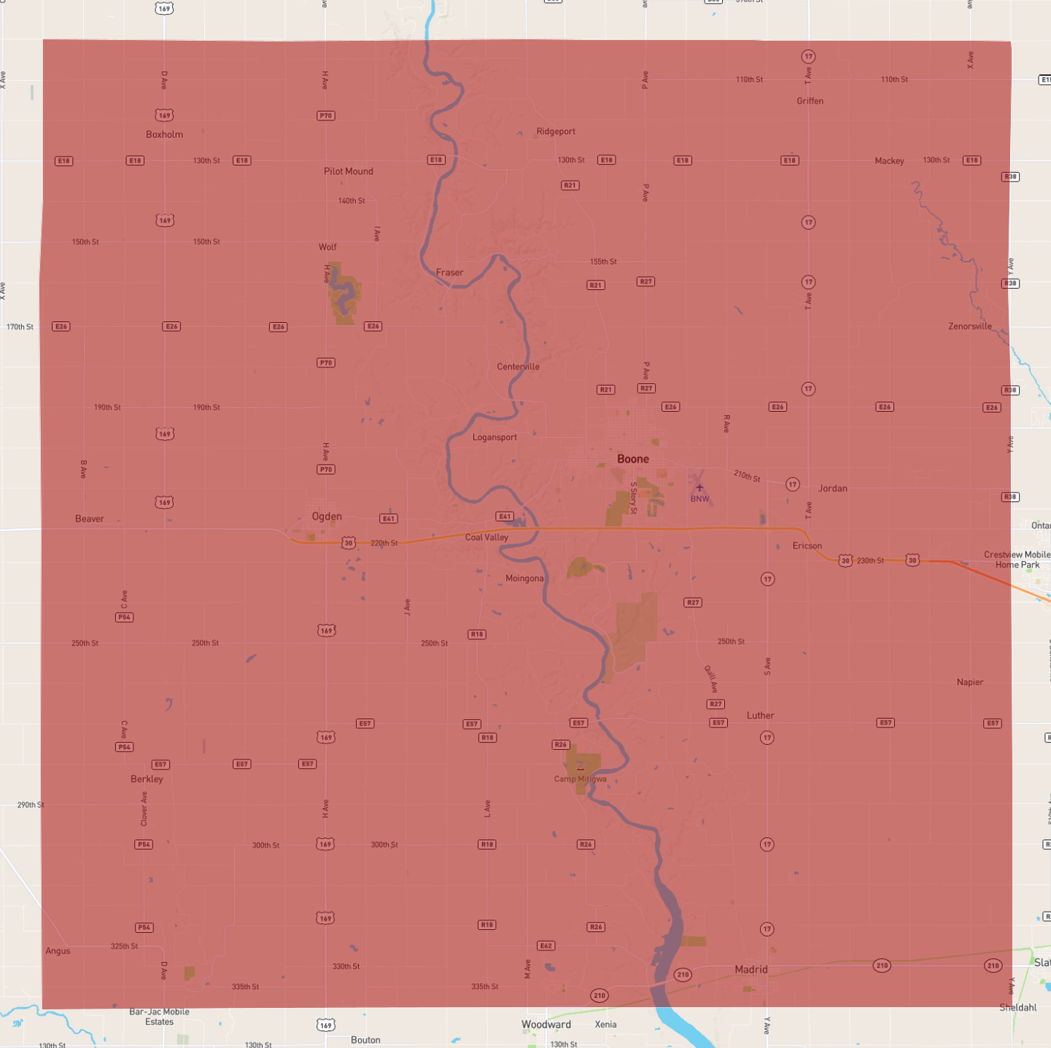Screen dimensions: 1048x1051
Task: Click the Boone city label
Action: pyautogui.click(x=632, y=459)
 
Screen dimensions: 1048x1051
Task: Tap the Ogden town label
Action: pyautogui.click(x=327, y=517)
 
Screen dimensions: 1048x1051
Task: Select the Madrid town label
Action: pyautogui.click(x=751, y=969)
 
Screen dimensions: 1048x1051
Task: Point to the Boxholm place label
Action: pyautogui.click(x=164, y=134)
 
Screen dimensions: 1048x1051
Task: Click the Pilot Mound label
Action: pyautogui.click(x=349, y=171)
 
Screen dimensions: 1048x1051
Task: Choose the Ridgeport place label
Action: pyautogui.click(x=556, y=132)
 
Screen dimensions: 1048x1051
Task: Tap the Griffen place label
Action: pyautogui.click(x=810, y=101)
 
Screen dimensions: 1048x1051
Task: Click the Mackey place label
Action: pyautogui.click(x=889, y=161)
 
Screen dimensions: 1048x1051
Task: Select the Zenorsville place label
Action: pyautogui.click(x=969, y=326)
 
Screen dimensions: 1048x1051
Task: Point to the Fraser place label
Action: pyautogui.click(x=449, y=273)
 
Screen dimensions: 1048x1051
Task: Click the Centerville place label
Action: pyautogui.click(x=518, y=367)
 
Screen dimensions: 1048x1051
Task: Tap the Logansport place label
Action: pyautogui.click(x=495, y=437)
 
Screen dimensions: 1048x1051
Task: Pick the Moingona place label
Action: pyautogui.click(x=524, y=579)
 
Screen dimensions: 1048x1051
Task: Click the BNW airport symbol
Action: pyautogui.click(x=699, y=488)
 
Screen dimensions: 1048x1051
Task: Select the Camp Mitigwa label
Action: pyautogui.click(x=580, y=779)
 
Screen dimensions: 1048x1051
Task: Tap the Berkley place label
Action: pyautogui.click(x=147, y=779)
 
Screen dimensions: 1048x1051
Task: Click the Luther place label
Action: pyautogui.click(x=760, y=716)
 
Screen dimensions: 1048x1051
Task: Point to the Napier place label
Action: pyautogui.click(x=969, y=682)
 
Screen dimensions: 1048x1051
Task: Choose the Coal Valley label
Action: pyautogui.click(x=486, y=537)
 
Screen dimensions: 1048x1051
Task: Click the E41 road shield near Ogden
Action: pyautogui.click(x=388, y=519)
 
